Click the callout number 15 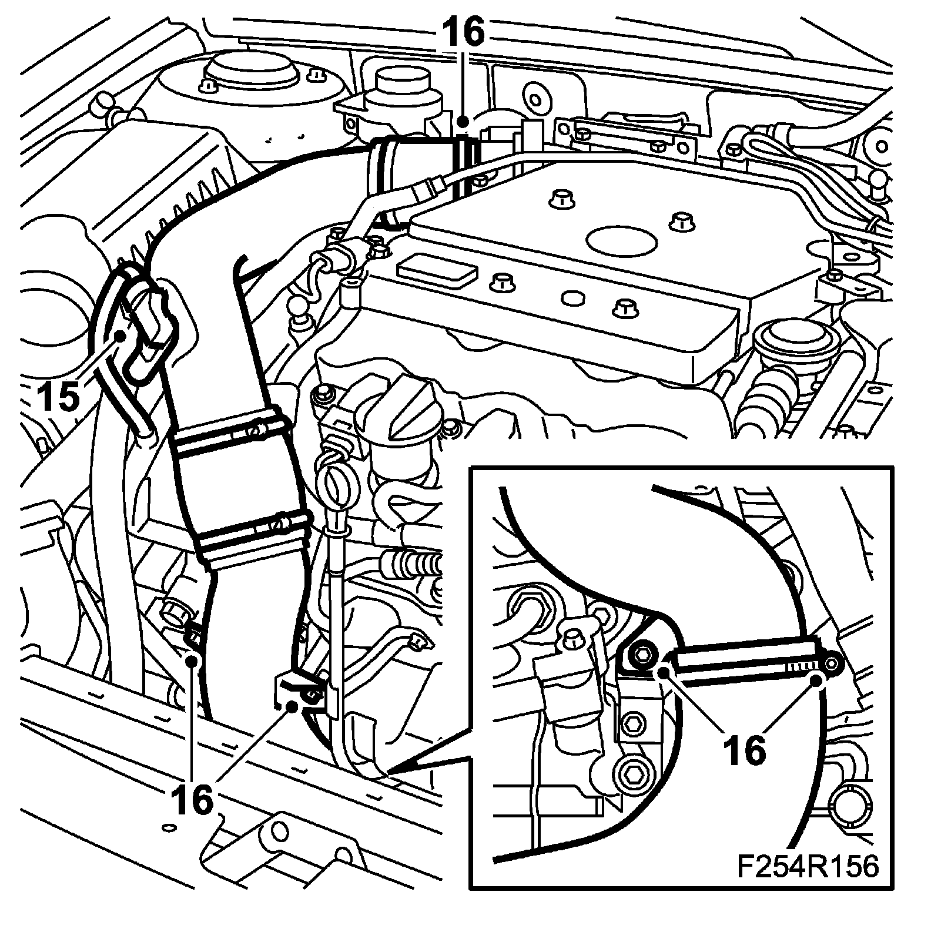[x=59, y=396]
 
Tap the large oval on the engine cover [x=622, y=241]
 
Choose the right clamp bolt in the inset [x=832, y=663]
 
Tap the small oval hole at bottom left [x=169, y=827]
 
